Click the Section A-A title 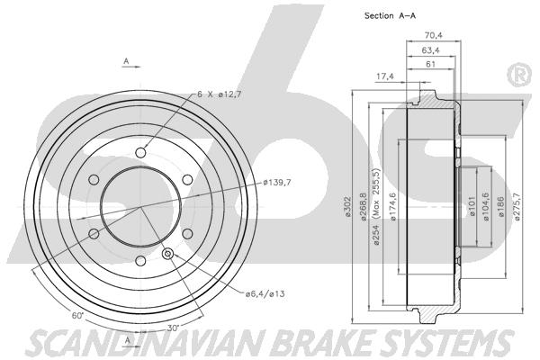(390, 15)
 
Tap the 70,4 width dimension (433, 35)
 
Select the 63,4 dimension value (430, 50)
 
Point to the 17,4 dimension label (384, 76)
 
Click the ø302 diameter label (347, 207)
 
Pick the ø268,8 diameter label (363, 207)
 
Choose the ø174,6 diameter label (392, 207)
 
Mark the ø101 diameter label (472, 206)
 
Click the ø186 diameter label (501, 207)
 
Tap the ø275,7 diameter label (516, 207)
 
